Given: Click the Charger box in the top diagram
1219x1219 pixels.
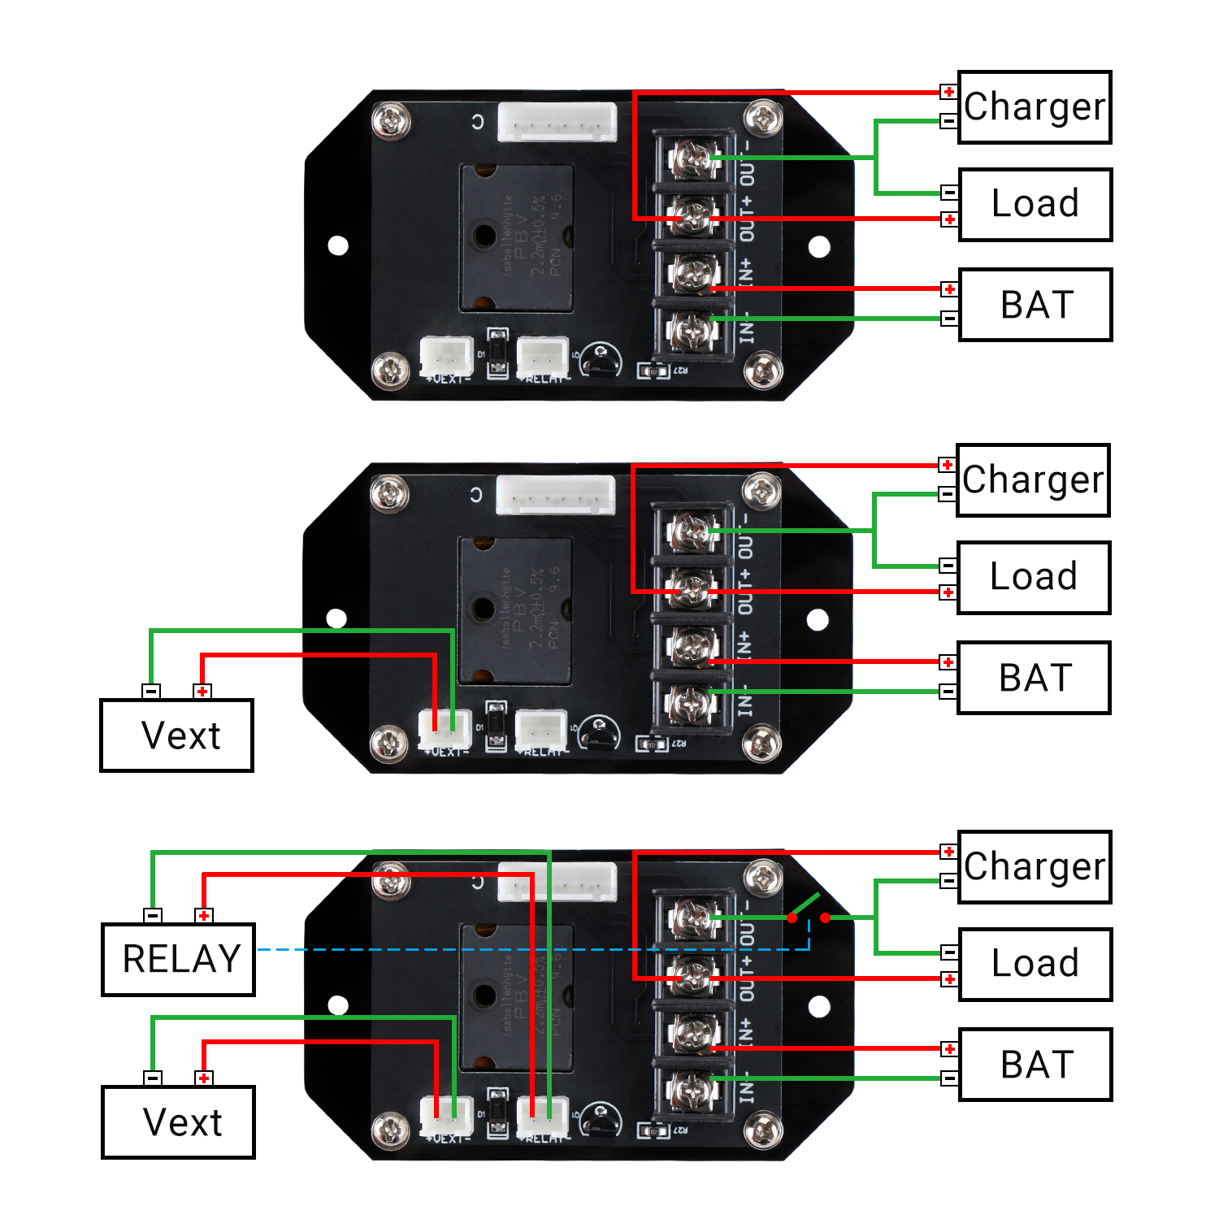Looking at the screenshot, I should point(1035,107).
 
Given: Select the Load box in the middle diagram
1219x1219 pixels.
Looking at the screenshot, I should point(1033,577).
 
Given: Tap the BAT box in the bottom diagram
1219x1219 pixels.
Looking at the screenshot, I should point(1035,1065).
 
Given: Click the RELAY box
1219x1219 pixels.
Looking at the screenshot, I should point(179,959).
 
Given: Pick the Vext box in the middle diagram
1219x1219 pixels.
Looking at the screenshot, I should point(177,735).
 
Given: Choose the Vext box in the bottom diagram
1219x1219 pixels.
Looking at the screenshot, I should point(179,1122).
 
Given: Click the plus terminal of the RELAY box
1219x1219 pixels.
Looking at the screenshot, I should point(204,916).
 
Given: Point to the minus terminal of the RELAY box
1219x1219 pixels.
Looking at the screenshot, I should point(153,916).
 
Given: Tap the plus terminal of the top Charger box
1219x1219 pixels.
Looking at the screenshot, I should point(948,92).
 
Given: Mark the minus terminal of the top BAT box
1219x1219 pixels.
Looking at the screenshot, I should point(949,319).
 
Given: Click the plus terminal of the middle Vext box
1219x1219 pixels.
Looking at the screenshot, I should point(202,692).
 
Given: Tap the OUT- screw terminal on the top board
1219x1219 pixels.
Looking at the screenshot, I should point(692,158).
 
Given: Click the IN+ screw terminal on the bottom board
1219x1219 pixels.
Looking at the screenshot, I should point(692,1034).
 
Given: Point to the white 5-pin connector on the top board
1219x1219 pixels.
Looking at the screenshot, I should point(557,122).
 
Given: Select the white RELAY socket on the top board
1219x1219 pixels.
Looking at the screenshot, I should point(543,357).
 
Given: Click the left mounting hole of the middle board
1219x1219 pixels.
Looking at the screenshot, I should point(336,619).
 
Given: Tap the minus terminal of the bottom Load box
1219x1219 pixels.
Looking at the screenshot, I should point(948,952).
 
